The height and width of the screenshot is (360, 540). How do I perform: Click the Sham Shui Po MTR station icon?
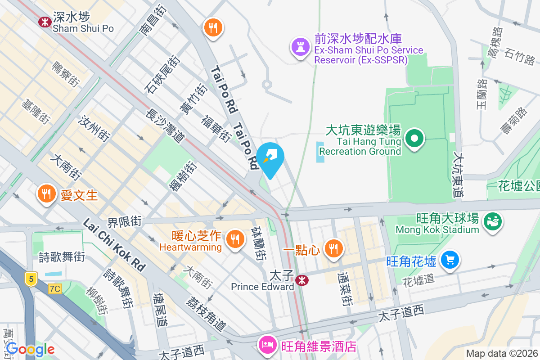pos(45,21)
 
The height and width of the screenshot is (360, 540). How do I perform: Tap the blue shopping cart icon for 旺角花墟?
pos(450,260)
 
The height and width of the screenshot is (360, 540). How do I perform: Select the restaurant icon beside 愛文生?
pos(46,194)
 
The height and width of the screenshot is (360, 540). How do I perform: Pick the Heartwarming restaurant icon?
pos(234,238)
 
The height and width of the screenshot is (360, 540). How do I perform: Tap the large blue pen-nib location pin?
pos(271,157)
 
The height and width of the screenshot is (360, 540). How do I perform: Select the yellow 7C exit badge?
pos(55,288)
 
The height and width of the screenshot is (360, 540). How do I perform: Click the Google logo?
pos(31,349)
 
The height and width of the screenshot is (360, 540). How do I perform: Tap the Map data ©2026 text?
pos(501,354)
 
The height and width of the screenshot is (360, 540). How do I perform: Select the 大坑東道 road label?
pos(458,176)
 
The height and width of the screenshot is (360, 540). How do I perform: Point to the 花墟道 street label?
pos(418,279)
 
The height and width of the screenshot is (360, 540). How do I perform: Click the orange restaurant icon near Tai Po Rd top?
pos(213,28)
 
